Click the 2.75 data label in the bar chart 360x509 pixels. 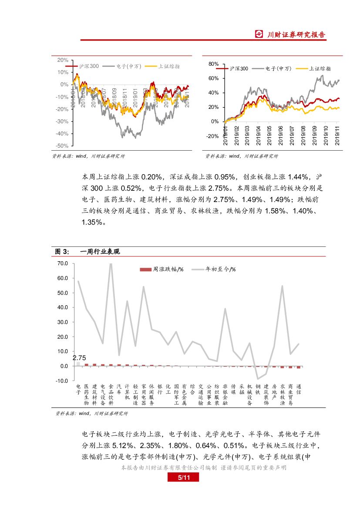click(x=79, y=358)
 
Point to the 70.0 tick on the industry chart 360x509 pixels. click(x=62, y=263)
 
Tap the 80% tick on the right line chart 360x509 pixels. click(x=213, y=64)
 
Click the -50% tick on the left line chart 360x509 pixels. click(x=63, y=146)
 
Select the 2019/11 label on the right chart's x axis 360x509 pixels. click(x=338, y=135)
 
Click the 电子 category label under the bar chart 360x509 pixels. click(x=78, y=389)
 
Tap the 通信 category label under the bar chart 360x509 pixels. click(x=299, y=389)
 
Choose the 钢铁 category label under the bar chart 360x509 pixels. click(x=258, y=389)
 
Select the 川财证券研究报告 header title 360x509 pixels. click(x=296, y=35)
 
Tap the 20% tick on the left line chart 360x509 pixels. click(x=63, y=60)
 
